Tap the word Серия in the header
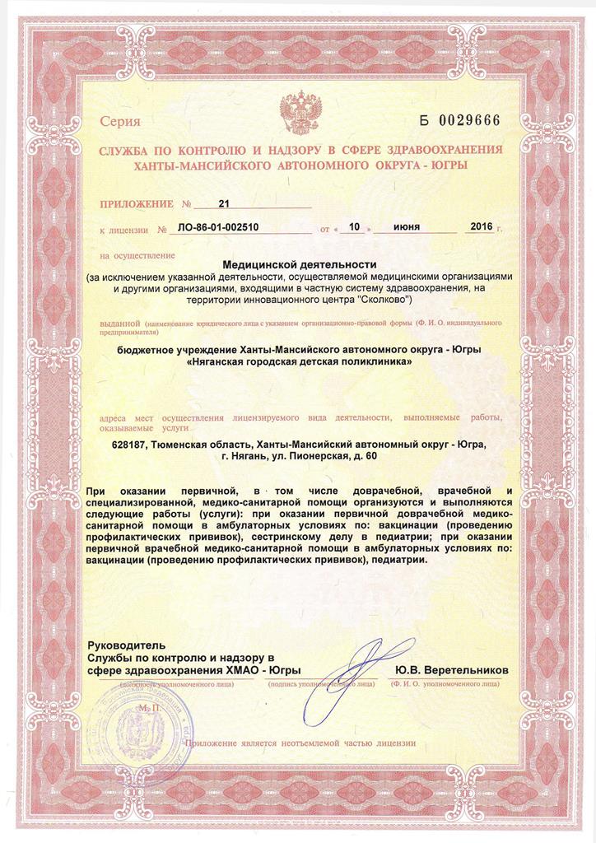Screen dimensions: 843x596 tap(120, 122)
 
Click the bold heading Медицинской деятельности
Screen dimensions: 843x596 tap(299, 264)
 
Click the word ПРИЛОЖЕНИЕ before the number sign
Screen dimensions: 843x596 tap(136, 203)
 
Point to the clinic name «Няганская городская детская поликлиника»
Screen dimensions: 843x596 tap(298, 362)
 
